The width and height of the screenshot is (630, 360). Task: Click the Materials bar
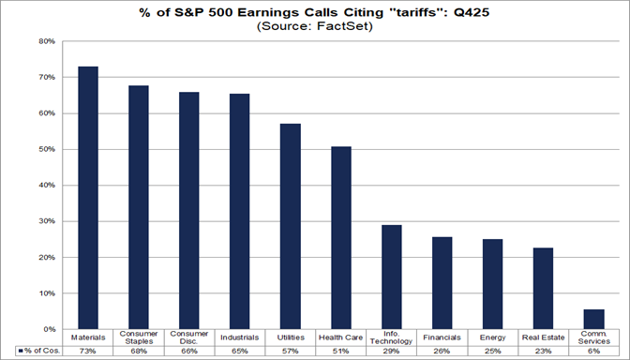[x=88, y=198]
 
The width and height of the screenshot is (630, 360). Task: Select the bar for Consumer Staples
[x=139, y=207]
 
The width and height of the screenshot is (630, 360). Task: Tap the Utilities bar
[x=291, y=226]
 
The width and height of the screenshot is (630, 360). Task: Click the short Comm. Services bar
[x=593, y=320]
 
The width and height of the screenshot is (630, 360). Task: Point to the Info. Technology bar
[x=392, y=277]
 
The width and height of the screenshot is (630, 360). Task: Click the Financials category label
[x=442, y=336]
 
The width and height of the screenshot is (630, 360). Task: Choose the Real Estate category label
[x=543, y=336]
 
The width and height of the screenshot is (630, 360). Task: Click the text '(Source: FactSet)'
[x=314, y=28]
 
